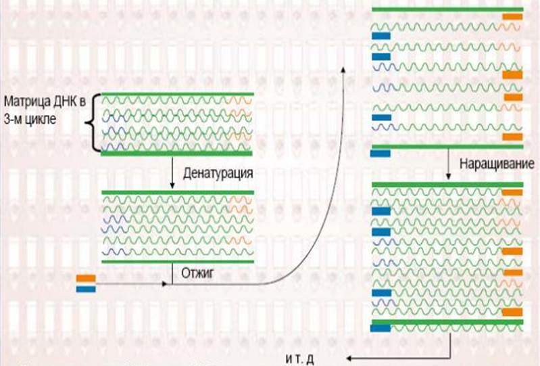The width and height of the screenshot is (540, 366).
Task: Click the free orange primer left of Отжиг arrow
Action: click(86, 277)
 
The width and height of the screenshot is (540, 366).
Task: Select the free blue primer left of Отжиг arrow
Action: click(86, 289)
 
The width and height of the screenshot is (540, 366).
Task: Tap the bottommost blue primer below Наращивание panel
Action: click(381, 329)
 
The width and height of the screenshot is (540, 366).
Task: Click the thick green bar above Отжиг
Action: click(177, 260)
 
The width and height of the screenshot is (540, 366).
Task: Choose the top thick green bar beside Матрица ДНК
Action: click(177, 93)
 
